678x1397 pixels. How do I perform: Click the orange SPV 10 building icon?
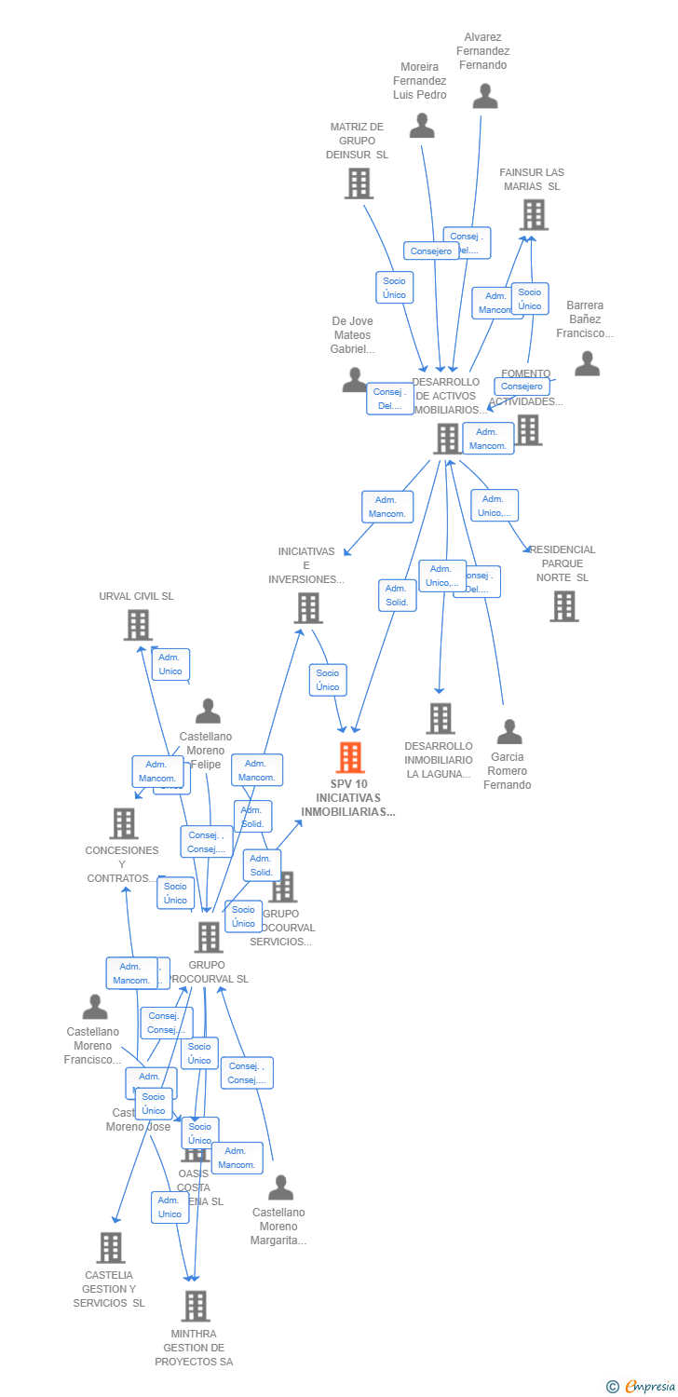(350, 757)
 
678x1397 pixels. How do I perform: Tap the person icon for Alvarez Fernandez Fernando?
(484, 96)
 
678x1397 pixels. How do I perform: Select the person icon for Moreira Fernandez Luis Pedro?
(422, 125)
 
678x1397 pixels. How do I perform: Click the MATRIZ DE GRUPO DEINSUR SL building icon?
(359, 183)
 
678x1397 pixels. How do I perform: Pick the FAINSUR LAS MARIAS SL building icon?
(534, 214)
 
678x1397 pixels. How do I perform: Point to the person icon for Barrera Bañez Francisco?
(587, 363)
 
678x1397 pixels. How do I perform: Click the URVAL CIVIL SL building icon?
(138, 625)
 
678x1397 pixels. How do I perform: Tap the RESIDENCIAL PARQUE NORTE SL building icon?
(563, 606)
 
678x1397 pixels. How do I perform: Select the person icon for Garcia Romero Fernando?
(508, 731)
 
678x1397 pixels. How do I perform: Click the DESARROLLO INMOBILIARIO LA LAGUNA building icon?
(440, 718)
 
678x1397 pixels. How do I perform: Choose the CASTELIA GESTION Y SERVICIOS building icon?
(111, 1247)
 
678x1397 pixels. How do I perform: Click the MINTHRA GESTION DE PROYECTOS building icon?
(195, 1306)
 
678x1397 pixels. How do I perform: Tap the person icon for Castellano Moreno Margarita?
(280, 1187)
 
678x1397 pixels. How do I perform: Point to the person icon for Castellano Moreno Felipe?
(208, 712)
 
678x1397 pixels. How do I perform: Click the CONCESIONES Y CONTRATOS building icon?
(124, 823)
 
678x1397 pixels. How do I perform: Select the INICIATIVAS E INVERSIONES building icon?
(307, 608)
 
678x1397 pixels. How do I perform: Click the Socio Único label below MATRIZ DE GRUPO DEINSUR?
(394, 288)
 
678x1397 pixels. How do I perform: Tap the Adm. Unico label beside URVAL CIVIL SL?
(170, 665)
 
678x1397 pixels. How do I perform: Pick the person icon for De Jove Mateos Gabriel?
(354, 379)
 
